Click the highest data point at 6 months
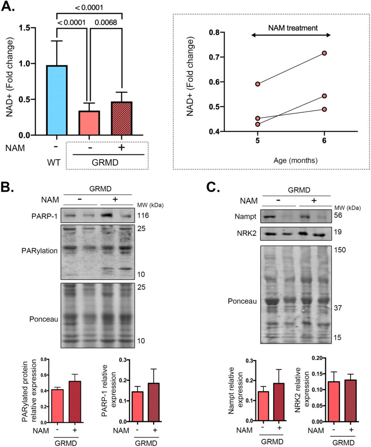click(324, 53)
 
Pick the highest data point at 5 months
click(258, 84)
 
